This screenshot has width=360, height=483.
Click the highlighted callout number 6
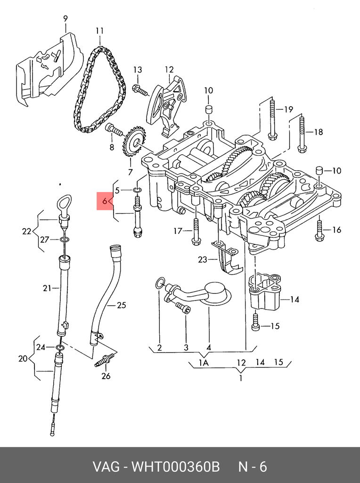(105, 201)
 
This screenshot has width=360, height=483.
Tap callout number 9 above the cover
(65, 19)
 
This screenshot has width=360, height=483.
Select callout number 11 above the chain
(99, 31)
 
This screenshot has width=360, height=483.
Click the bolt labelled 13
(140, 91)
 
